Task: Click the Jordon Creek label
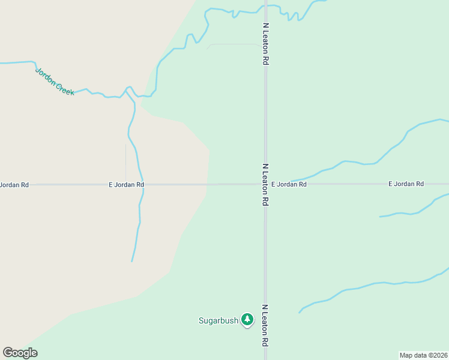(54, 81)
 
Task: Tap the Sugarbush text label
(218, 320)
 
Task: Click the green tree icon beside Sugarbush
(247, 320)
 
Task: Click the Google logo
(20, 353)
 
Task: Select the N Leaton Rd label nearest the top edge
(265, 44)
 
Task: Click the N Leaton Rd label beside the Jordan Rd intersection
(265, 185)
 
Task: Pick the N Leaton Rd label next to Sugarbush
(265, 325)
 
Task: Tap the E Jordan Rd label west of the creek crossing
(126, 185)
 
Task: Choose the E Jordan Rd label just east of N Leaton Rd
(289, 185)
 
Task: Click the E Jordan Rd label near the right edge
(406, 184)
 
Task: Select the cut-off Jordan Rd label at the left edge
(14, 185)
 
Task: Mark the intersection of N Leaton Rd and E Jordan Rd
(265, 184)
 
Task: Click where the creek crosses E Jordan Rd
(142, 184)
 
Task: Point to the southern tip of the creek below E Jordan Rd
(132, 261)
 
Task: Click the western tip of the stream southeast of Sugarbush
(300, 312)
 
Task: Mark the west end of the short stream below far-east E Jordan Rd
(380, 217)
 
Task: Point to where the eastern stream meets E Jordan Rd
(292, 181)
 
